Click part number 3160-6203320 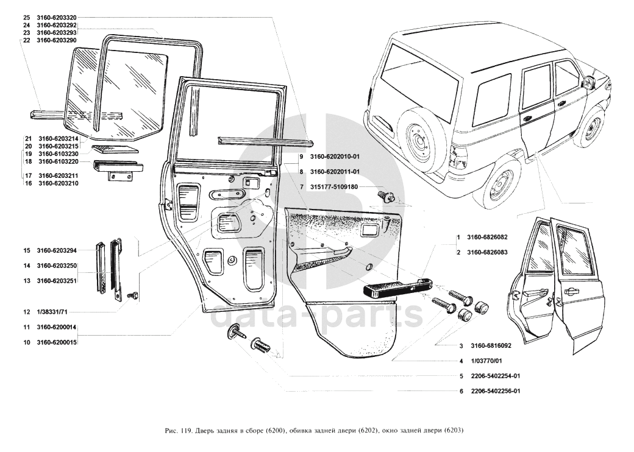click(57, 18)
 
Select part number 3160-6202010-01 click(335, 157)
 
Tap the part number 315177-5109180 click(333, 187)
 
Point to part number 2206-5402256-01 click(495, 391)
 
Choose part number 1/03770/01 click(487, 361)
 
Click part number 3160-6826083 click(487, 252)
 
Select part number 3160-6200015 click(57, 342)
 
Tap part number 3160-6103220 click(59, 161)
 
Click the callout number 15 click(27, 250)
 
